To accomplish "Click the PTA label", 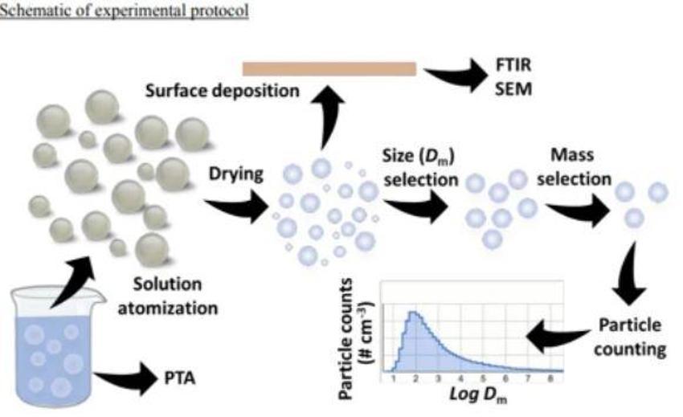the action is pos(179,378).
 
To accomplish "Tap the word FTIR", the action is pos(513,65).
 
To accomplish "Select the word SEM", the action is pos(514,89).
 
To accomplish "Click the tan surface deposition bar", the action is pos(329,69).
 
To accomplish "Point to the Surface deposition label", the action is pos(222,91).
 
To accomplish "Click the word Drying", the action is pos(236,174).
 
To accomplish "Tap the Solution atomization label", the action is pos(168,296).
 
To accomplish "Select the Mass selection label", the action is pos(574,167).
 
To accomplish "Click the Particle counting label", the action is pos(630,337).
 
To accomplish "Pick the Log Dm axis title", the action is pos(478,395).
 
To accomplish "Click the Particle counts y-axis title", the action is pos(354,339).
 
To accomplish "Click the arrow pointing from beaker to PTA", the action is pos(126,377).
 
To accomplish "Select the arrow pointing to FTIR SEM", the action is pos(456,75).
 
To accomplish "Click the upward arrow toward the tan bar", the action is pos(327,117).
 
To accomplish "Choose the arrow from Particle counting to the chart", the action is pos(558,336).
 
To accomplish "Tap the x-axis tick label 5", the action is pos(483,378).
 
